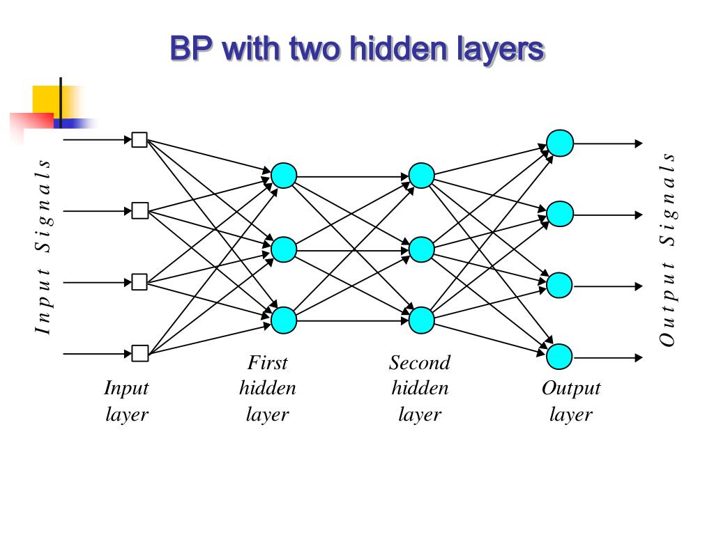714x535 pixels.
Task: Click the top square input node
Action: [x=139, y=140]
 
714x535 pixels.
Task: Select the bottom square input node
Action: [x=139, y=354]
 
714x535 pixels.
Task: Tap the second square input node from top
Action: [x=139, y=211]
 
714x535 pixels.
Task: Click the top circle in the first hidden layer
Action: [x=284, y=176]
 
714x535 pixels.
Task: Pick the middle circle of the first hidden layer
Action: [x=284, y=249]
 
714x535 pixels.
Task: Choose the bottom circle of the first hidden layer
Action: [x=284, y=320]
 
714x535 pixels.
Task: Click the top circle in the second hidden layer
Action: [x=421, y=176]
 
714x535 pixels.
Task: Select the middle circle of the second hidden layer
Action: [x=421, y=249]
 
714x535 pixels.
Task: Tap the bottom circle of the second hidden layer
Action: [x=421, y=320]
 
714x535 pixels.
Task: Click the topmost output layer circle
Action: [x=560, y=144]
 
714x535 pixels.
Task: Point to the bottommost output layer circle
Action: [x=560, y=357]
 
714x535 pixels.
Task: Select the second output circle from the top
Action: [x=560, y=215]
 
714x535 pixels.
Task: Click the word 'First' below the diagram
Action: [x=268, y=363]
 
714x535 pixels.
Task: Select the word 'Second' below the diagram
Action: [x=420, y=363]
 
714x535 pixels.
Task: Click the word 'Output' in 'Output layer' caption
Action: [x=571, y=388]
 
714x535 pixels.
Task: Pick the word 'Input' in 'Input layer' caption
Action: [x=126, y=388]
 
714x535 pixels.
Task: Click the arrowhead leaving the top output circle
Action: [x=638, y=144]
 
